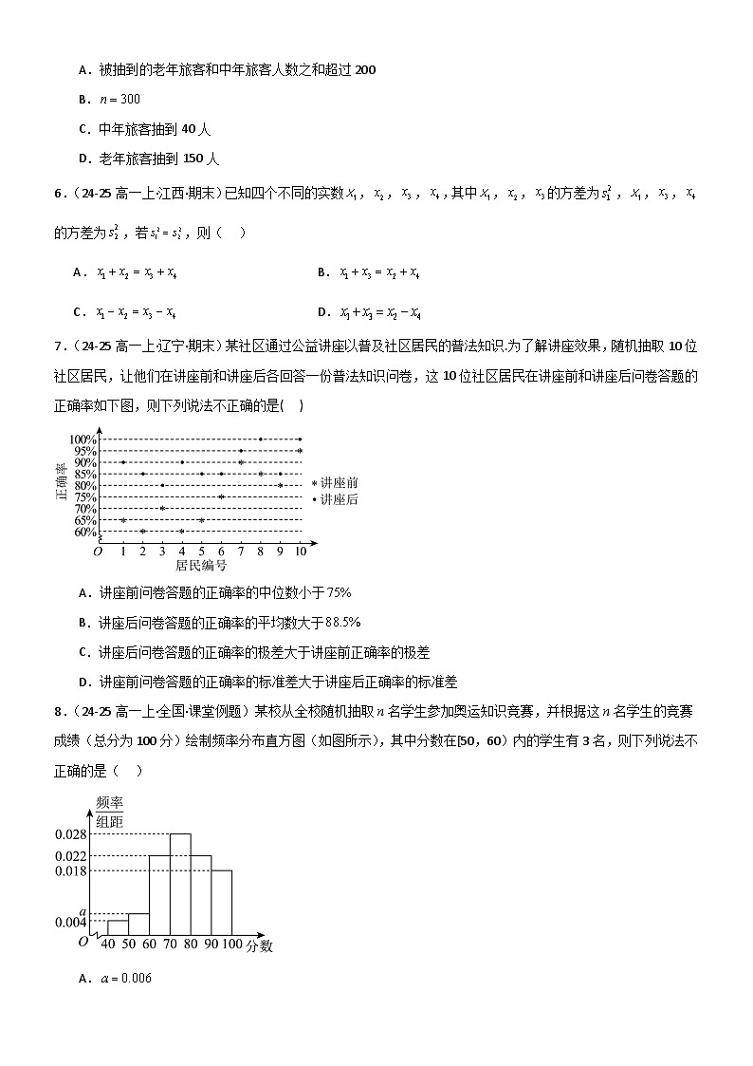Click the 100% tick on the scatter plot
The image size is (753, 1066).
[83, 439]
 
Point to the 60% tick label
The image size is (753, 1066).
[83, 532]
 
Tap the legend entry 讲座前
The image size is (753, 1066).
[339, 483]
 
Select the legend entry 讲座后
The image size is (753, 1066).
[339, 499]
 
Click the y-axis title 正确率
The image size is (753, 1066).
[61, 482]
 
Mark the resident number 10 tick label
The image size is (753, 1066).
[301, 551]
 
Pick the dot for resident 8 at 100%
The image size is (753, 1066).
[261, 439]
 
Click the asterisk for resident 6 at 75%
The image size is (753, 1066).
[221, 496]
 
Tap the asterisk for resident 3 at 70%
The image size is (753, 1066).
[162, 508]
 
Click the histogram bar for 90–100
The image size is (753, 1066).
[221, 901]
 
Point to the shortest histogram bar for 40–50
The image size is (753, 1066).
[118, 927]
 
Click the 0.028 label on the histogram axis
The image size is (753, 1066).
[71, 834]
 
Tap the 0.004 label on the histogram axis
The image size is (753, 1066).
[71, 922]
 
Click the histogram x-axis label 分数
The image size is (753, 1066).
[260, 946]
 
